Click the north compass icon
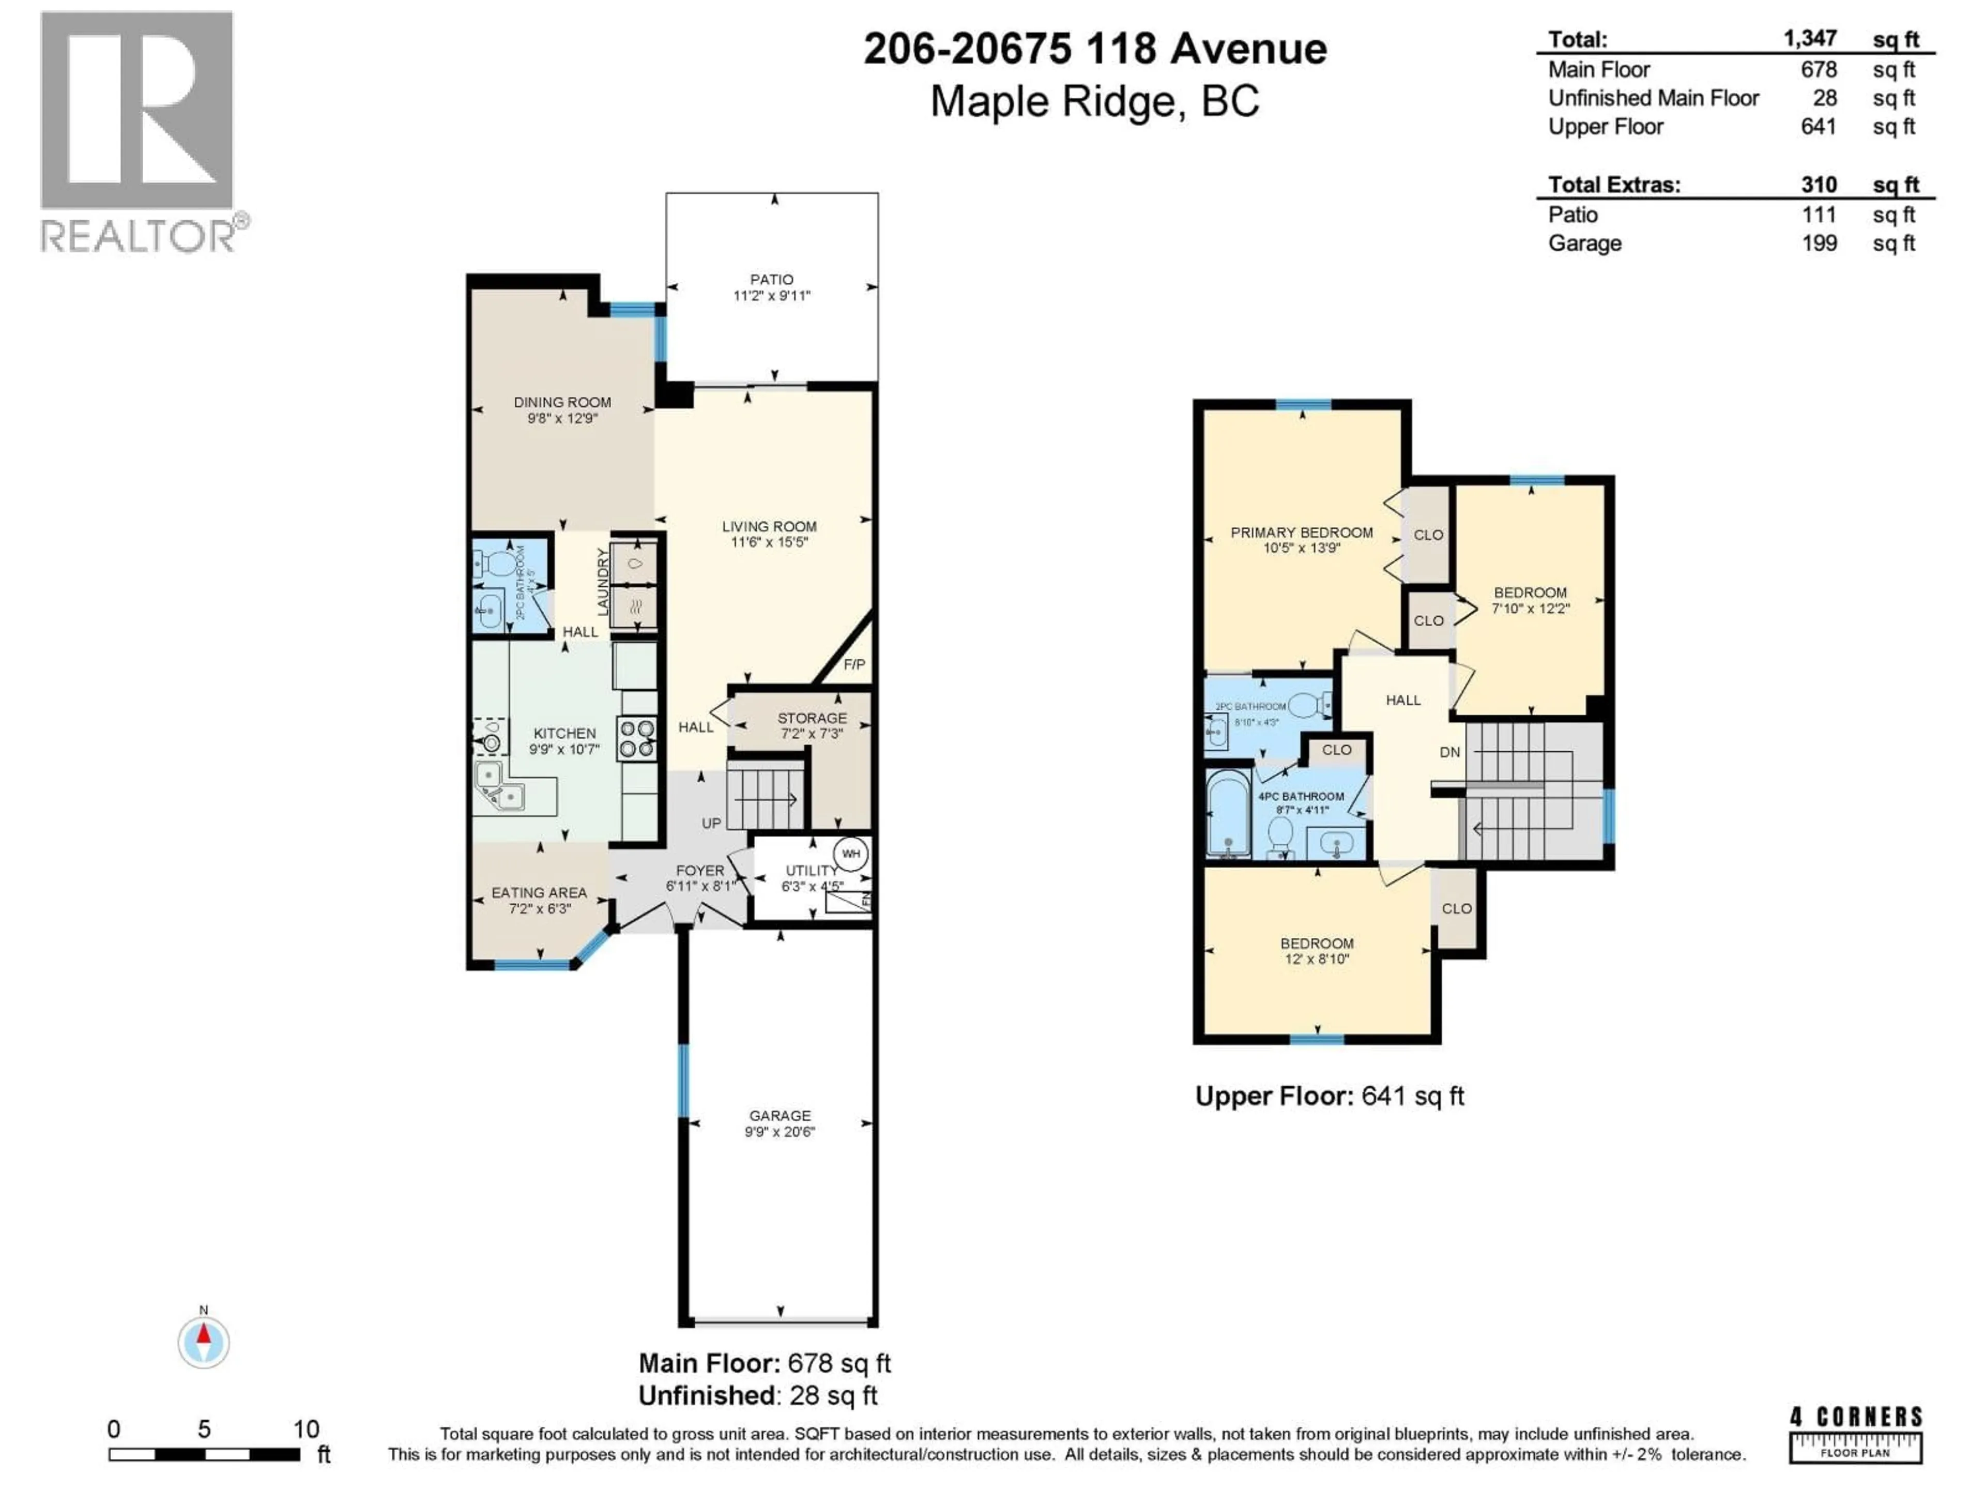(204, 1342)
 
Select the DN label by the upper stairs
(1449, 752)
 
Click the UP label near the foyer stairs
(711, 823)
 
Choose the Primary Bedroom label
(1301, 532)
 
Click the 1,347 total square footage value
(1809, 39)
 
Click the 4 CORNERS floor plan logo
(1856, 1446)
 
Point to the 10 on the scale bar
(306, 1429)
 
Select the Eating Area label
(539, 892)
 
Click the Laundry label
(602, 582)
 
